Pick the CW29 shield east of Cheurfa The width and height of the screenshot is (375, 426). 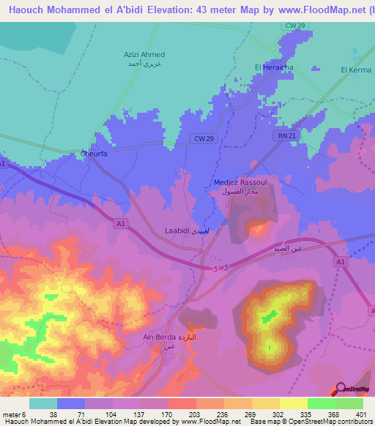[x=204, y=138]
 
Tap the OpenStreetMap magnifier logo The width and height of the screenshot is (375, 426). [x=341, y=389]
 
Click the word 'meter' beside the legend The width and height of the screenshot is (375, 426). [x=12, y=414]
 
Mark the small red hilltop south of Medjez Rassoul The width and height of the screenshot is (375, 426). [x=258, y=229]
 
